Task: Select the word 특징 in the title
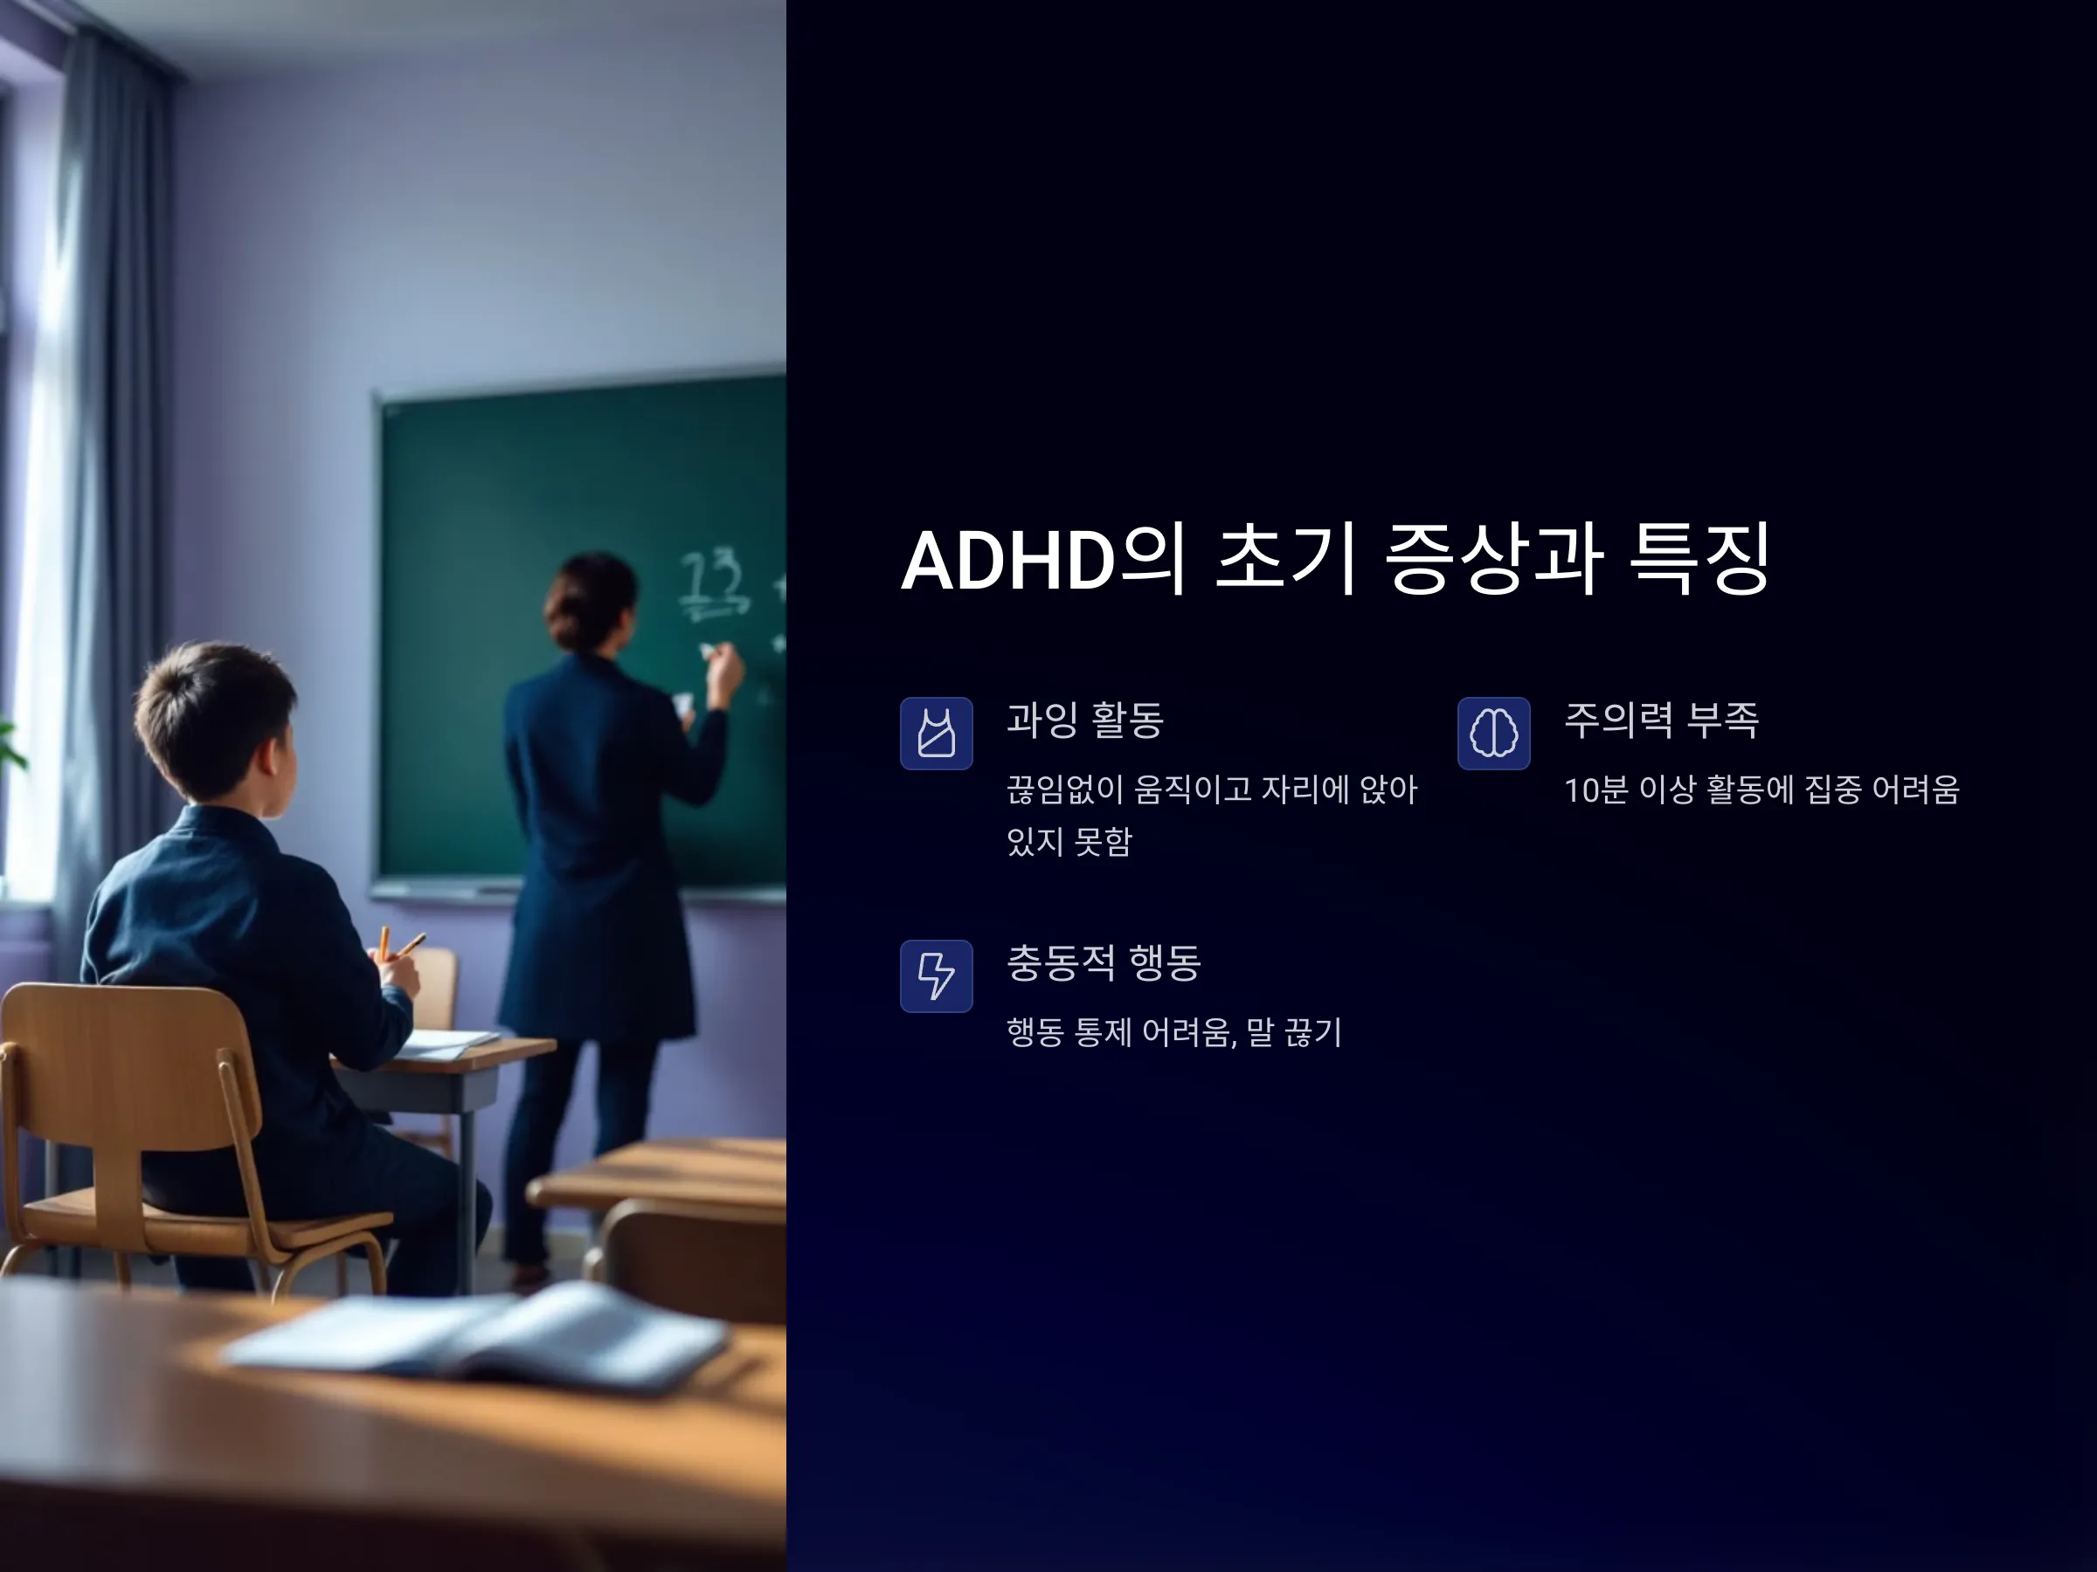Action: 1699,559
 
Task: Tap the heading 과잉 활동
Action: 1084,720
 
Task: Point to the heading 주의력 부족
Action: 1661,720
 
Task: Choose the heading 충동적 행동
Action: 1104,962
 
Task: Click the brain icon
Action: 1493,734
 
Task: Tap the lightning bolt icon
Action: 936,976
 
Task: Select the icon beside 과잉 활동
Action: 936,734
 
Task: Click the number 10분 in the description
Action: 1595,789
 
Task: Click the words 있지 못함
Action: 1069,841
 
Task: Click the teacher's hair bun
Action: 588,592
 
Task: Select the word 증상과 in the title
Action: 1494,559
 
